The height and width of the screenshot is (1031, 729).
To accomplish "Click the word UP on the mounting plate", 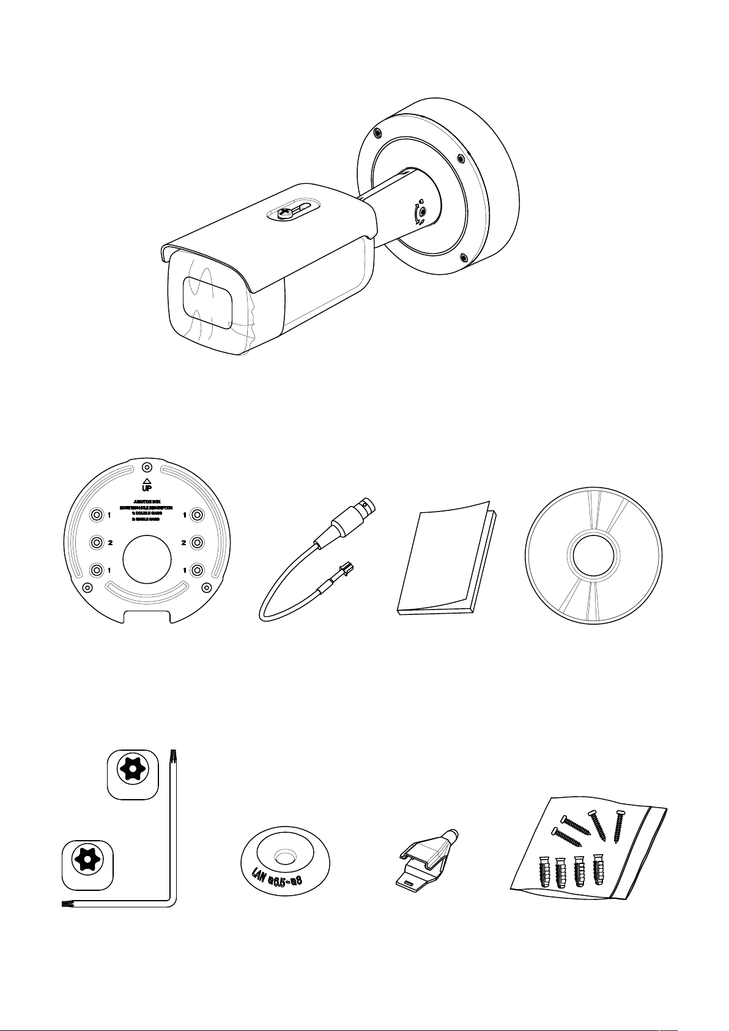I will tap(147, 488).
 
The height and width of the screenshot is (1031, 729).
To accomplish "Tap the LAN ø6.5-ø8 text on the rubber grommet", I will tap(283, 880).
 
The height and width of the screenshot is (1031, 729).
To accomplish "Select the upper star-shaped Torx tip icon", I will tap(133, 769).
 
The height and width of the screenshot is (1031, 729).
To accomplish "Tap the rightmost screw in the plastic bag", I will tap(620, 826).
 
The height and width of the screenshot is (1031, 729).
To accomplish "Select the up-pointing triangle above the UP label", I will tap(147, 480).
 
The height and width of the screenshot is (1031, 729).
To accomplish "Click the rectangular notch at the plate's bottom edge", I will tap(147, 616).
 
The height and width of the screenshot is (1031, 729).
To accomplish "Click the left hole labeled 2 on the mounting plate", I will tap(96, 543).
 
